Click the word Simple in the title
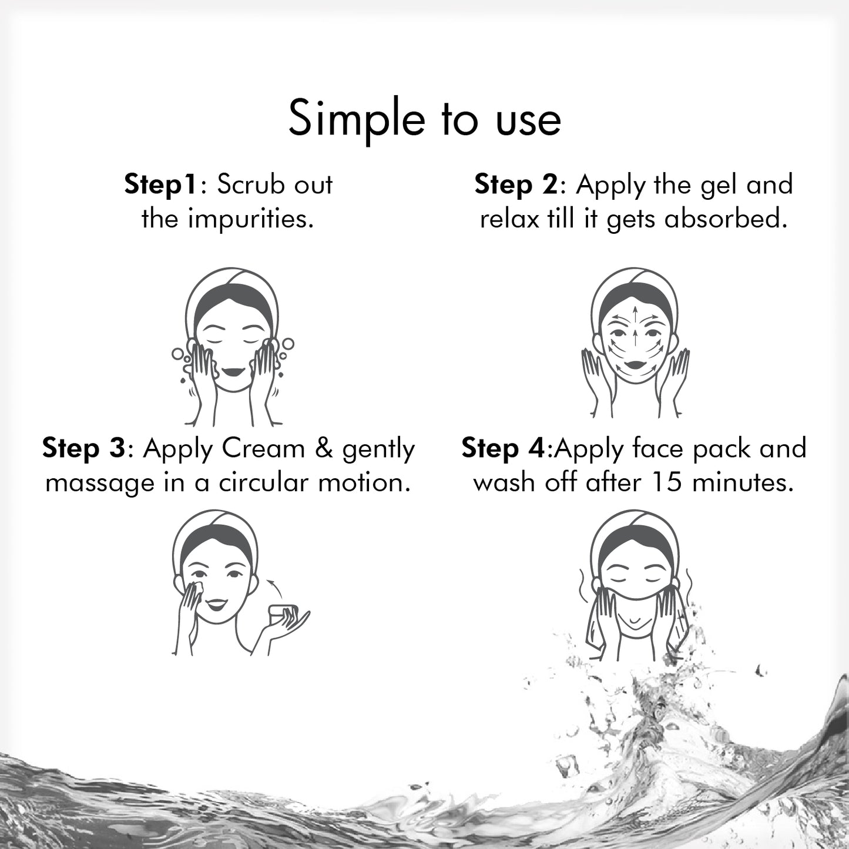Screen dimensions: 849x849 tap(356, 119)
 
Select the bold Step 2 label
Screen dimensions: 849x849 tap(515, 184)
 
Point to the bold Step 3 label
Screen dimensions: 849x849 tap(83, 449)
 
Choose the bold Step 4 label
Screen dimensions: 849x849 tap(504, 449)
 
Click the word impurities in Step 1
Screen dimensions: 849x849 tap(249, 219)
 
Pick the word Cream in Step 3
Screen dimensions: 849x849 tap(263, 449)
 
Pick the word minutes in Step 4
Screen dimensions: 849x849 tap(743, 483)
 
